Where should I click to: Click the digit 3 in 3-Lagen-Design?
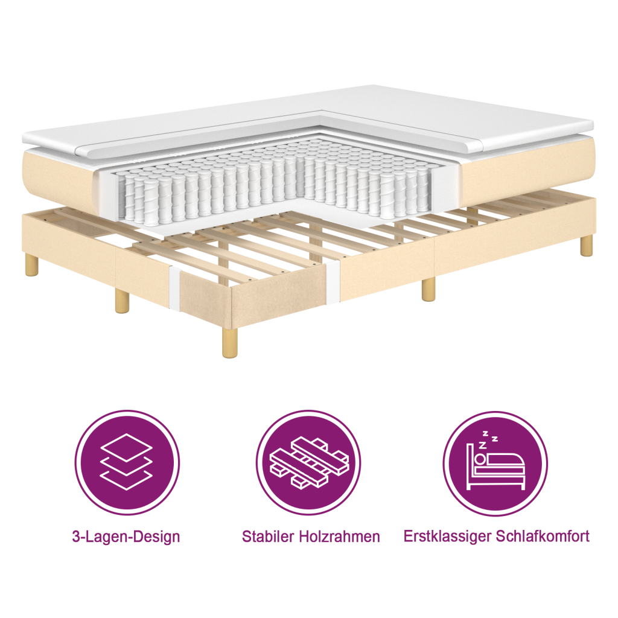pos(75,537)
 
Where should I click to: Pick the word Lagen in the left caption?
pos(101,537)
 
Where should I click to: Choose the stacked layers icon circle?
pos(126,463)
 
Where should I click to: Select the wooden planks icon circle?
pos(308,463)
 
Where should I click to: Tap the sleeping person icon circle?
pos(495,463)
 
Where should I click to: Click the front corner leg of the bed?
pos(229,343)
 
